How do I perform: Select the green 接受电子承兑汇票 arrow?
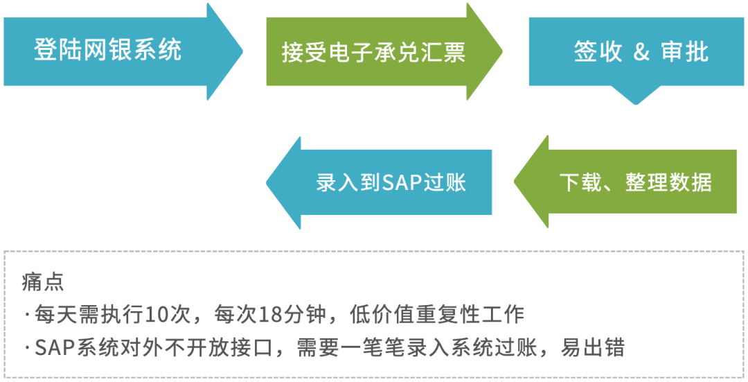click(x=374, y=52)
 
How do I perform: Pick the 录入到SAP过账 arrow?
click(x=391, y=182)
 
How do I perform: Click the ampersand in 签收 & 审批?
click(x=642, y=53)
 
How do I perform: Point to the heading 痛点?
click(x=44, y=282)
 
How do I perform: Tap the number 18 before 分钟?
click(x=271, y=314)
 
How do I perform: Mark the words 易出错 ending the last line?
click(x=601, y=347)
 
